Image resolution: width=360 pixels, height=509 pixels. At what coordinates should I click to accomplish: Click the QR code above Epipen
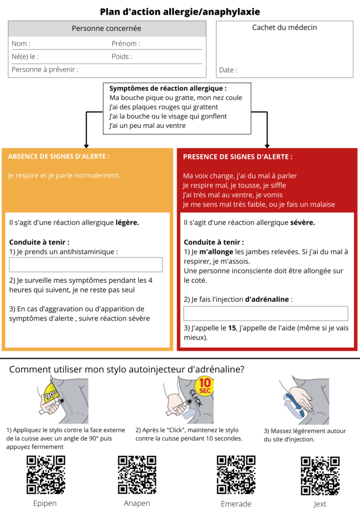click(46, 475)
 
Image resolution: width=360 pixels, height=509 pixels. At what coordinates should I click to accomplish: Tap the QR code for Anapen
click(137, 475)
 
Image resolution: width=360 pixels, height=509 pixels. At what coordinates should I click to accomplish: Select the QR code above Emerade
click(236, 475)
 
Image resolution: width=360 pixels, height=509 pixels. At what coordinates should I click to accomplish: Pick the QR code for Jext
click(320, 476)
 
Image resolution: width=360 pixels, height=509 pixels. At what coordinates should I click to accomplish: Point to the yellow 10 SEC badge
click(205, 386)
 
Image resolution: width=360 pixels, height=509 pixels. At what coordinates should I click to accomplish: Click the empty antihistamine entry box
click(86, 264)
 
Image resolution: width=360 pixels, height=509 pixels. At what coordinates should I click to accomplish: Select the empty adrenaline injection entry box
click(266, 313)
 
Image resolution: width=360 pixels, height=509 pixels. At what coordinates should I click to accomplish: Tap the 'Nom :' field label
click(21, 44)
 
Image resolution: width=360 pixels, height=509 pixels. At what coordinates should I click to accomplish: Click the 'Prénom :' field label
click(126, 44)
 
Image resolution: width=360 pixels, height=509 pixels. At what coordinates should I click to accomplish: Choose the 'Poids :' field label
click(122, 57)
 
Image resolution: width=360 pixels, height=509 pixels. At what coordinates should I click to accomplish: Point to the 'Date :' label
click(228, 70)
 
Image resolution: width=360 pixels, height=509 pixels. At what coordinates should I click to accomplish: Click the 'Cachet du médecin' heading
click(285, 27)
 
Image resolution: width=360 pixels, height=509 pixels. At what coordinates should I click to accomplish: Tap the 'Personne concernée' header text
click(106, 28)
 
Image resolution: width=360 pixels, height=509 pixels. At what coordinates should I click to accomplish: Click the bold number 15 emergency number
click(232, 328)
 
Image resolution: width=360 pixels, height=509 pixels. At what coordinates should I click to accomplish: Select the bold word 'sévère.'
click(302, 222)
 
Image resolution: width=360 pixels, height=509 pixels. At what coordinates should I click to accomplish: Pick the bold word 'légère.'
click(127, 223)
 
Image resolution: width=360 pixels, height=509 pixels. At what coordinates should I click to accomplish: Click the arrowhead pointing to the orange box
click(87, 146)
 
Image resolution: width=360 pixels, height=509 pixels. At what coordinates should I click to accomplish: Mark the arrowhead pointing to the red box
click(267, 146)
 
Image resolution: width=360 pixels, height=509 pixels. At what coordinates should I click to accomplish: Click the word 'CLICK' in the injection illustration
click(196, 398)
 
